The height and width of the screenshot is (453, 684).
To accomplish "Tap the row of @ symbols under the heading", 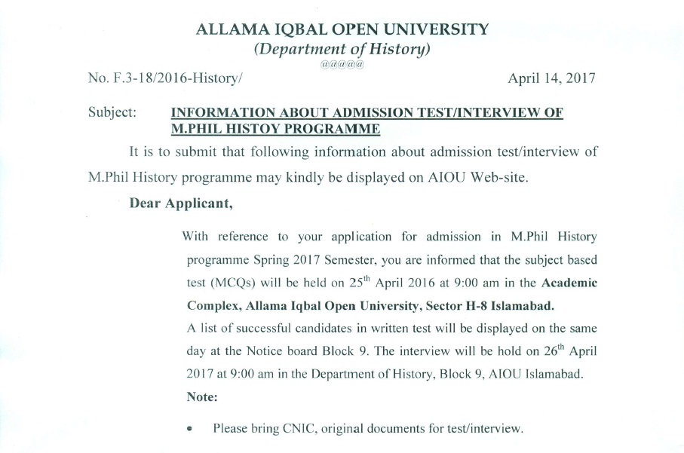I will click(342, 65).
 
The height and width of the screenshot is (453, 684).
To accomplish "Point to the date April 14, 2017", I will click(552, 78).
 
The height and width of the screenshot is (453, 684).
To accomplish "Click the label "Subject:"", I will click(112, 112).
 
